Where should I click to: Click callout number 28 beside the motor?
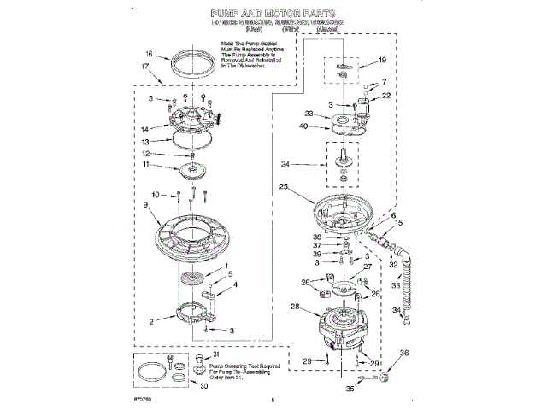[295, 306]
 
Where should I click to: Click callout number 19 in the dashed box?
[382, 60]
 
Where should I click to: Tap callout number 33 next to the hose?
[397, 285]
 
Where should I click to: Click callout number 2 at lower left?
[150, 322]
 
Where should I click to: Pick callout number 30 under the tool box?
[203, 385]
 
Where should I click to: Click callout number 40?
[304, 126]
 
